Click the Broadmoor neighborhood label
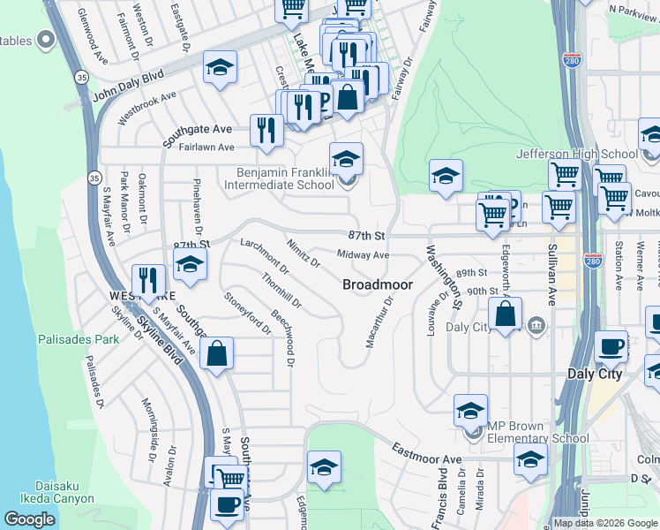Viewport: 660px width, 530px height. point(376,284)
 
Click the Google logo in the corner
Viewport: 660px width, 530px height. point(29,519)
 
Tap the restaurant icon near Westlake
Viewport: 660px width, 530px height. point(148,280)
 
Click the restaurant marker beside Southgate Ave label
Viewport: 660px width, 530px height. point(266,130)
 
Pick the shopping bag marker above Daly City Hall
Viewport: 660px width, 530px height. point(505,313)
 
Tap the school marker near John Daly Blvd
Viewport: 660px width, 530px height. point(220,66)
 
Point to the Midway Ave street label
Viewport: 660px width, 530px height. point(363,255)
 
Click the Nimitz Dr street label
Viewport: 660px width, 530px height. point(303,250)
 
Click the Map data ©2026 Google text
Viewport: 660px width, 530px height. point(605,523)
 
